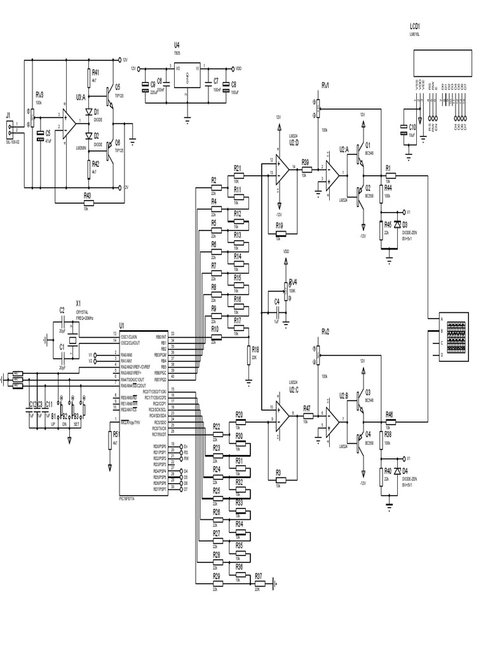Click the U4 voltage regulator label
(177, 45)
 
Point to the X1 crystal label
(78, 303)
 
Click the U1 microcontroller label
(121, 325)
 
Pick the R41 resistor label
(95, 72)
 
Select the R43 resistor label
(88, 195)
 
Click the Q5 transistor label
(118, 86)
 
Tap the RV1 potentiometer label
(325, 85)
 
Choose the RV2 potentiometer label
(325, 331)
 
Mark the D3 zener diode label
(405, 225)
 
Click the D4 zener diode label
(405, 470)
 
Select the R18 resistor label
(255, 349)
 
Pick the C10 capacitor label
(412, 128)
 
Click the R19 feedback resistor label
(279, 225)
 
